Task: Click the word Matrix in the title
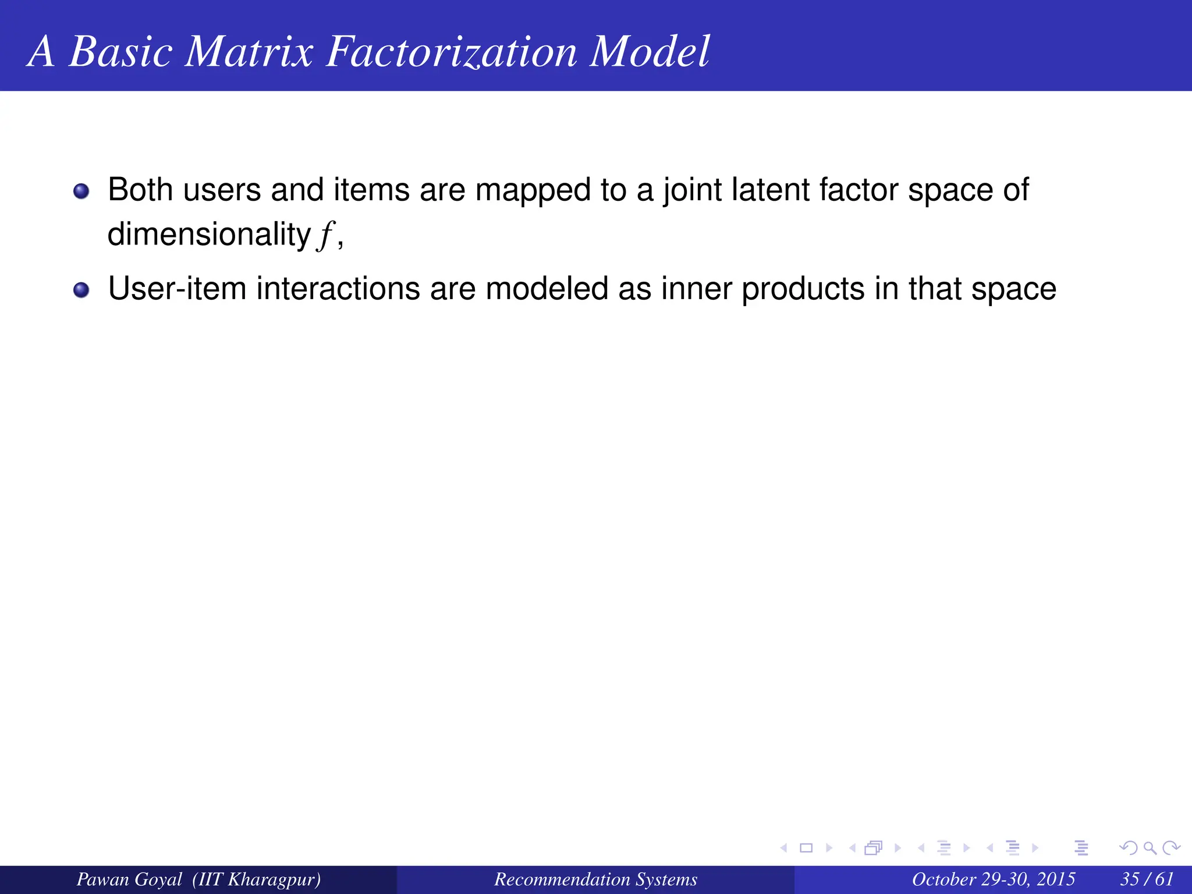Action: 249,51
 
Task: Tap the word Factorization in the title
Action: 451,51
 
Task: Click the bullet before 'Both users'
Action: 81,191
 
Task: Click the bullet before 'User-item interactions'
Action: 81,290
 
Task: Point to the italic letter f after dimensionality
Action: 325,235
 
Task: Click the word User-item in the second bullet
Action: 177,289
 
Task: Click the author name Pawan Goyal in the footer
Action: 129,879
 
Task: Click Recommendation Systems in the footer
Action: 595,879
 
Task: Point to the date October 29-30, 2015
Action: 993,879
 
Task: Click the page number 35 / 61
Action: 1147,879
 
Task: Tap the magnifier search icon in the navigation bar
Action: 1149,848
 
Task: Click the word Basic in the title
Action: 120,51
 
